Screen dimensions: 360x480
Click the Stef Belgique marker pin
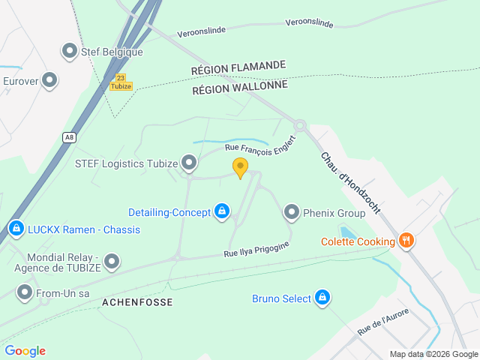(x=70, y=51)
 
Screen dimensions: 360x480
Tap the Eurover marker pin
(x=50, y=79)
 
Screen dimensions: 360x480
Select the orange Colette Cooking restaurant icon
(x=406, y=241)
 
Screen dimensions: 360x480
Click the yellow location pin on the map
(x=240, y=167)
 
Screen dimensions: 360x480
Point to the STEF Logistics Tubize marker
(x=189, y=162)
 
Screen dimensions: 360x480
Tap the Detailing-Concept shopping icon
(x=222, y=212)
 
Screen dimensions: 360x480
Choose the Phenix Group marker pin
(x=292, y=212)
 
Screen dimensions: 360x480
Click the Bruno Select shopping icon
(x=322, y=298)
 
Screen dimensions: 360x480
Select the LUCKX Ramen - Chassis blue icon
(x=16, y=227)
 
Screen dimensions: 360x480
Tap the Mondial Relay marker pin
(x=112, y=261)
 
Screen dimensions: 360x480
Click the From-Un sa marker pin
(x=25, y=292)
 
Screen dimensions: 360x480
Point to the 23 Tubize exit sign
(x=120, y=82)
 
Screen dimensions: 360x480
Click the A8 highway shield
(x=69, y=136)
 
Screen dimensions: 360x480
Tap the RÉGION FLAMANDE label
(x=238, y=66)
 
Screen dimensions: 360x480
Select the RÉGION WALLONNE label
(x=240, y=86)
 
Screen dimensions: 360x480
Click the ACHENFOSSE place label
(x=137, y=302)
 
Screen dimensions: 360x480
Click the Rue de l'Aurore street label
(x=382, y=322)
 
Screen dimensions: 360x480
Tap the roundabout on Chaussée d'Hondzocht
(x=300, y=125)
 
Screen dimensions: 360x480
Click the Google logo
(x=25, y=350)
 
